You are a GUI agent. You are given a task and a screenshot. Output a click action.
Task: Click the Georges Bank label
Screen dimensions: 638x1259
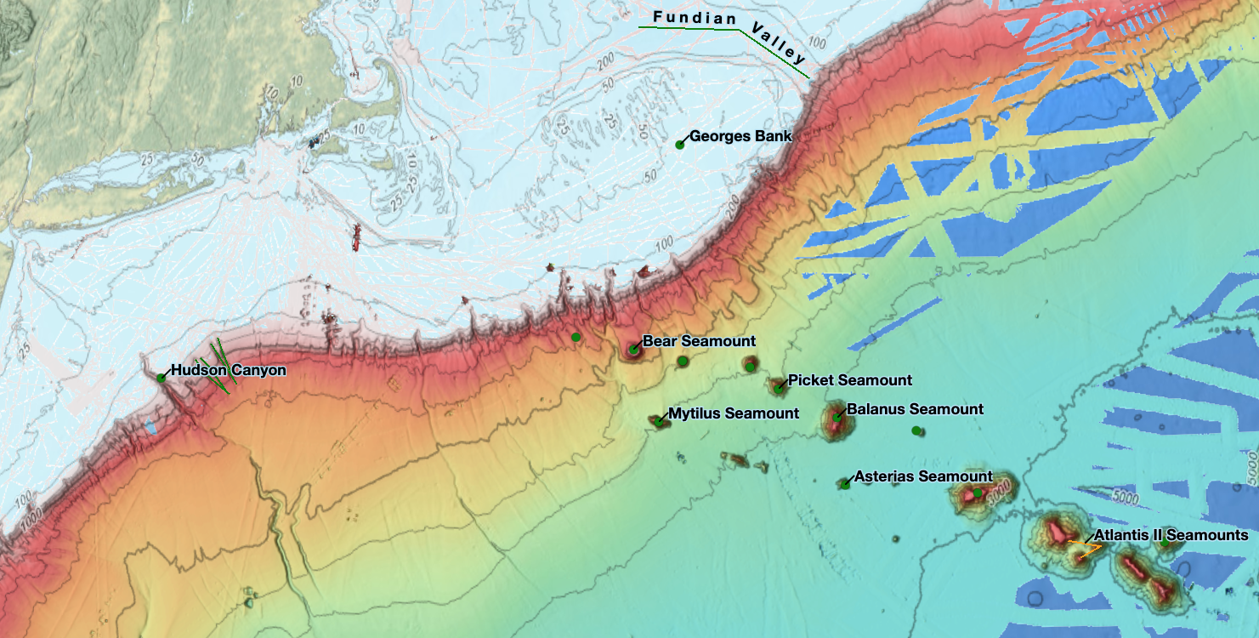740,136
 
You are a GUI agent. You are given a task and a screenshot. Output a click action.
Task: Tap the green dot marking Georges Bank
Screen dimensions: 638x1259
680,145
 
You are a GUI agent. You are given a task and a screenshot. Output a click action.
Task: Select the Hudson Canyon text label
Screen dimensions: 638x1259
228,370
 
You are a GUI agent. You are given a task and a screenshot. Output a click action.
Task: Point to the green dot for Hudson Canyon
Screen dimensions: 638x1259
161,378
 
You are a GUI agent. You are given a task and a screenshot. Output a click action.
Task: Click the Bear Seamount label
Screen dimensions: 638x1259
699,341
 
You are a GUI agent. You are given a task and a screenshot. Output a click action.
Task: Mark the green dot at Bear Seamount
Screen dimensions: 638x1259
633,349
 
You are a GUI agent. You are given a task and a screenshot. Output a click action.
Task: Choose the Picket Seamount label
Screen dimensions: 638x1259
849,380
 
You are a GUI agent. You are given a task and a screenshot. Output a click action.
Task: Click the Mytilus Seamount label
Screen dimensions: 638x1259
733,413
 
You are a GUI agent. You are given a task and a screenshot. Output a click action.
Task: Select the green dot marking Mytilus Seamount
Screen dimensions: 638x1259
658,421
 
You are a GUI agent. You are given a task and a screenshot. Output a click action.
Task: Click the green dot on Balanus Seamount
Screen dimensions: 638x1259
837,417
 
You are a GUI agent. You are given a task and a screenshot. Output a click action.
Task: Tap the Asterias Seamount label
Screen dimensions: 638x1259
923,476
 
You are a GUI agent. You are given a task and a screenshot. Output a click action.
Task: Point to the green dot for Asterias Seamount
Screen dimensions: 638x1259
845,484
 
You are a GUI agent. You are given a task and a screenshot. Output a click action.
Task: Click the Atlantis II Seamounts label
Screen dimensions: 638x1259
1171,535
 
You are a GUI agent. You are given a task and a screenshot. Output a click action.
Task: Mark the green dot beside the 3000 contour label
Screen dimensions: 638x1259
978,493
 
